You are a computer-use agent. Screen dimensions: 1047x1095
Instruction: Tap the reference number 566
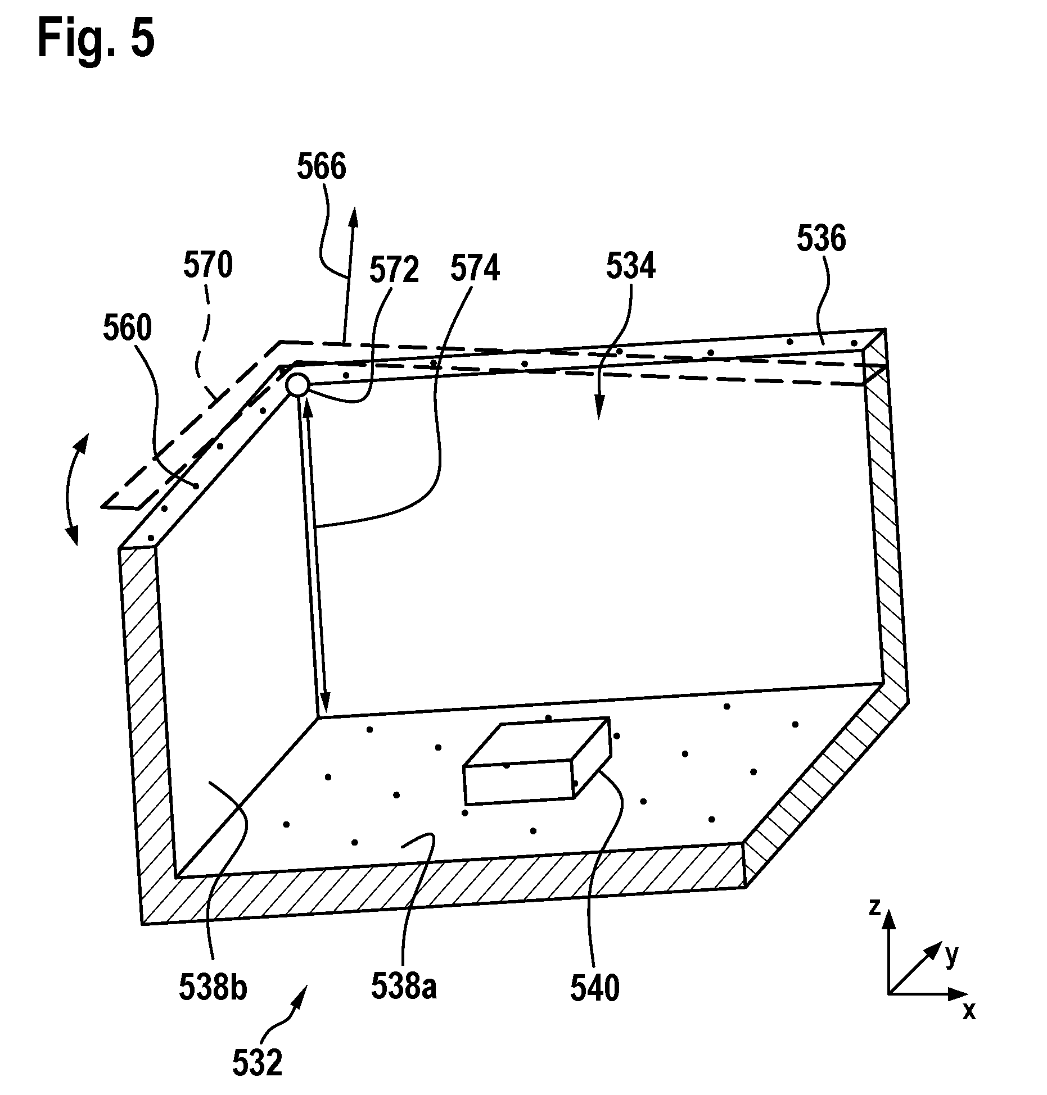tap(322, 167)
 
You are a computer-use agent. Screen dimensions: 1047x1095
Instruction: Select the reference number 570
tap(207, 266)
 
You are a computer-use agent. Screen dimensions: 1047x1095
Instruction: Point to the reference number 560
tap(128, 329)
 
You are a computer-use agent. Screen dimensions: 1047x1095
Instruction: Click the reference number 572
tap(394, 271)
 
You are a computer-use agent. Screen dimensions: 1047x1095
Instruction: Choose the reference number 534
tap(631, 267)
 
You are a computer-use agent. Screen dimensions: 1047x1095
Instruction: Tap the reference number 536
tap(822, 239)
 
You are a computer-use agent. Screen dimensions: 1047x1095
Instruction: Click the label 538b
tap(213, 987)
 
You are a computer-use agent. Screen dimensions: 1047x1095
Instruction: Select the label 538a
tap(404, 986)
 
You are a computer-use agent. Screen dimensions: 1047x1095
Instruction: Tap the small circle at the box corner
tap(296, 385)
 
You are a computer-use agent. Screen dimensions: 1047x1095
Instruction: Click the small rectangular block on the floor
tap(536, 761)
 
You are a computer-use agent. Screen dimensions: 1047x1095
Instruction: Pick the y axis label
tap(951, 955)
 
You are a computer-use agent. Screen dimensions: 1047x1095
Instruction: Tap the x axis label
tap(969, 1011)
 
